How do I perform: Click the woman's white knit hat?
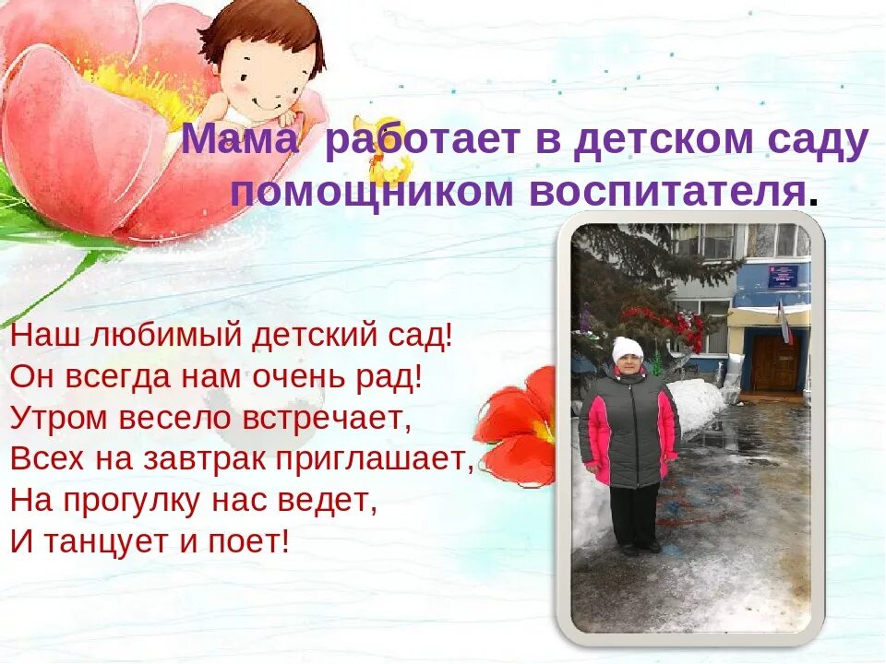628,348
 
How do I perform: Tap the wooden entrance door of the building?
774,362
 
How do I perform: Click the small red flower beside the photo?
517,424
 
